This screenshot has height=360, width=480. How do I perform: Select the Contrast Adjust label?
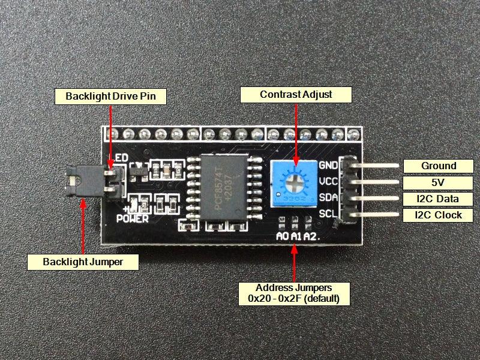pyautogui.click(x=296, y=94)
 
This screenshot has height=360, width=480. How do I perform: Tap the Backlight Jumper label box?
pyautogui.click(x=83, y=262)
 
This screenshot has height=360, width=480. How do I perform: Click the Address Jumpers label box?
pyautogui.click(x=293, y=293)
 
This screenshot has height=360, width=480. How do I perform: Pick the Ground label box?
pyautogui.click(x=438, y=166)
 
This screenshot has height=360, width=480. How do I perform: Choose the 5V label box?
pyautogui.click(x=438, y=182)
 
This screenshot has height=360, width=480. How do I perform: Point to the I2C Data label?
pyautogui.click(x=438, y=199)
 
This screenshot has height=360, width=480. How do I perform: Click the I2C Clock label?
pyautogui.click(x=438, y=215)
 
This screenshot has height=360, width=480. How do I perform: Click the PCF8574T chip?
pyautogui.click(x=218, y=187)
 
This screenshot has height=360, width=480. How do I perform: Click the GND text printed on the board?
pyautogui.click(x=328, y=166)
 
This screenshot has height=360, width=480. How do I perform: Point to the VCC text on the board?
pyautogui.click(x=328, y=181)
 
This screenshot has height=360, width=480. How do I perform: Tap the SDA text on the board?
pyautogui.click(x=328, y=197)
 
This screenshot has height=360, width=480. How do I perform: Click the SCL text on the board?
pyautogui.click(x=328, y=213)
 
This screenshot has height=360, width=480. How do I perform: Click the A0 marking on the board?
pyautogui.click(x=282, y=236)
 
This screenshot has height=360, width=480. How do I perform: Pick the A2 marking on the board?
pyautogui.click(x=310, y=236)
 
